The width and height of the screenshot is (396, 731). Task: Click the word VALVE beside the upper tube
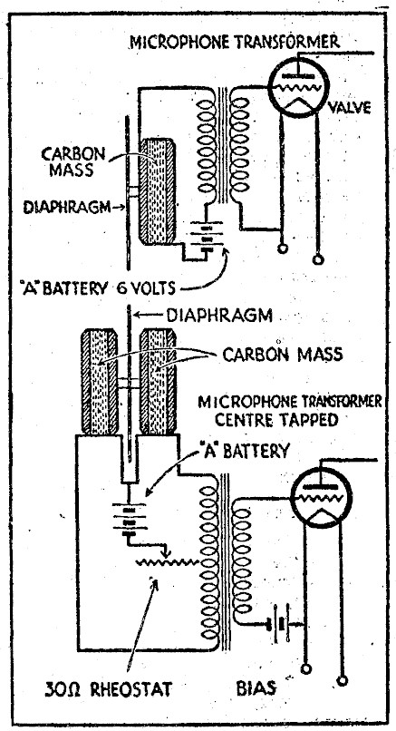350,108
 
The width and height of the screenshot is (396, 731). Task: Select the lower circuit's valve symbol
321,498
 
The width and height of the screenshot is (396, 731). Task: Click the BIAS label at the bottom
256,687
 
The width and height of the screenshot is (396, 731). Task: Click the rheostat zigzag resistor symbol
168,562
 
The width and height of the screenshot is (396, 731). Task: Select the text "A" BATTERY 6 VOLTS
99,288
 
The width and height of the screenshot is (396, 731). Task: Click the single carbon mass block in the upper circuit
158,191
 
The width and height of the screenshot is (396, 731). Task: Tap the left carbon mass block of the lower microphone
100,381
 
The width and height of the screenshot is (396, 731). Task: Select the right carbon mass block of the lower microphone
158,381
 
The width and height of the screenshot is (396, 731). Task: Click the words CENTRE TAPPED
275,420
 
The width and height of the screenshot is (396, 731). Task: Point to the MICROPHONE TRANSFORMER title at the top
235,43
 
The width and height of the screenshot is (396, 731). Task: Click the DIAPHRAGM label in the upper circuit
67,207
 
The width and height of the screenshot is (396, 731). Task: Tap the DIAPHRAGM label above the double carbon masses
219,317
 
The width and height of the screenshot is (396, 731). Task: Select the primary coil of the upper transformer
207,146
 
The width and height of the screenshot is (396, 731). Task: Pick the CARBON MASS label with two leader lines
283,355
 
